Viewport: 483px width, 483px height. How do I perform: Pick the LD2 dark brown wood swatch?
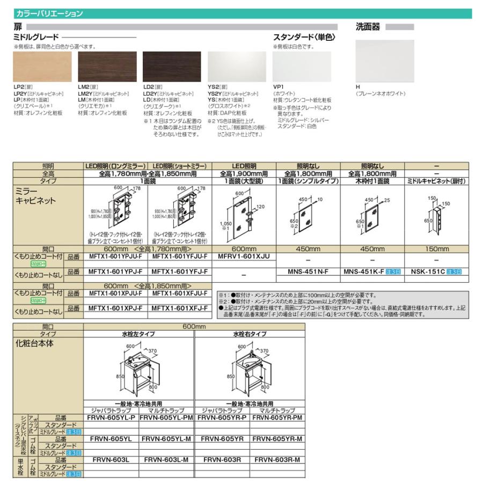click(172, 67)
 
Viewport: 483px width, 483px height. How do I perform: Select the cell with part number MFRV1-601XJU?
click(244, 257)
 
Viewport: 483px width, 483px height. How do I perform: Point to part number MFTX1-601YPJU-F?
click(115, 257)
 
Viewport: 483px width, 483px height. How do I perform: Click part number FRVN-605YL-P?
click(112, 416)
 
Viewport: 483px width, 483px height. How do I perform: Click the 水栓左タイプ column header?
click(138, 334)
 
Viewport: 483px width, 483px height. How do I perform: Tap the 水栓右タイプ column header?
click(249, 334)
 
